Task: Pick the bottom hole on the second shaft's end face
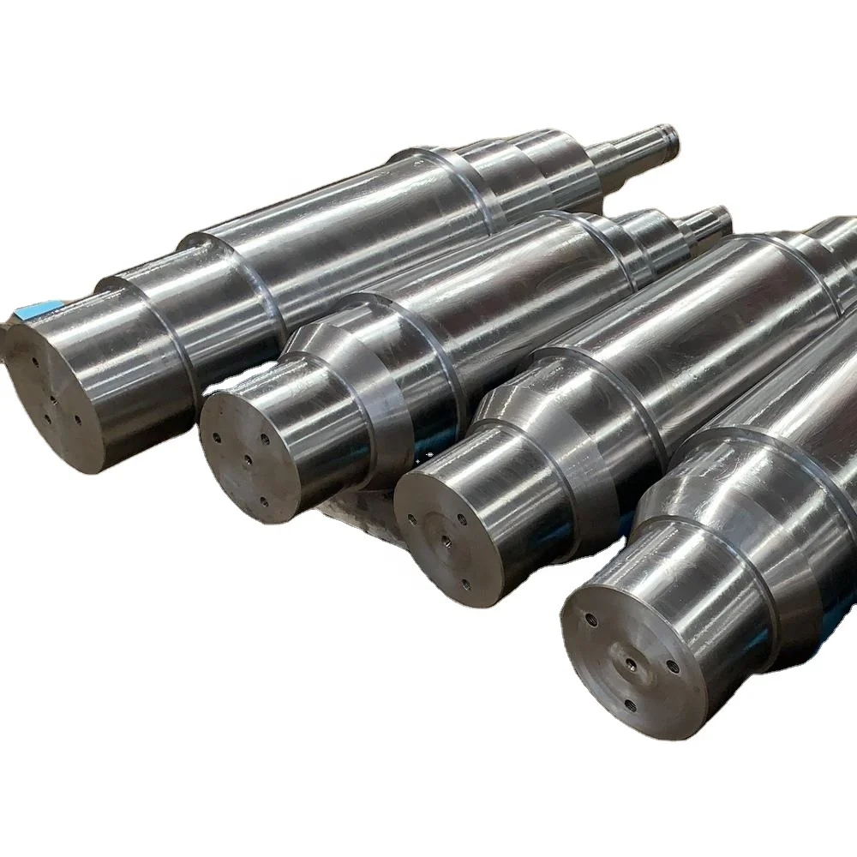(x=263, y=502)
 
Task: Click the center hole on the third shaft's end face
(x=446, y=541)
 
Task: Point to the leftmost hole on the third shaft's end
(x=411, y=518)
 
